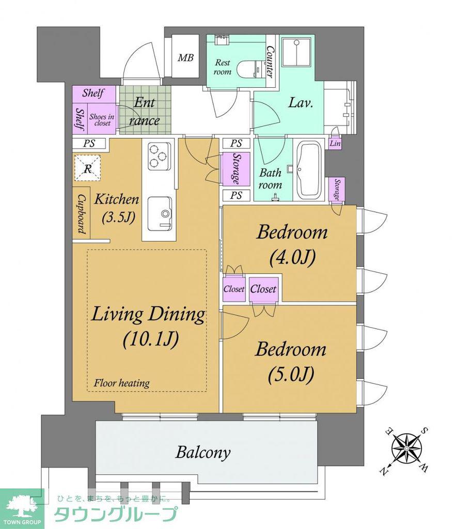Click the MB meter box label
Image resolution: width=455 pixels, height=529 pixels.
coord(185,58)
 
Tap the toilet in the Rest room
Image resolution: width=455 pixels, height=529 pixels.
coord(249,69)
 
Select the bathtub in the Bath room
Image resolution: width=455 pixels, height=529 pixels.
coord(310,170)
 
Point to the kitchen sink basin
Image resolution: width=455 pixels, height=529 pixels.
coord(160,213)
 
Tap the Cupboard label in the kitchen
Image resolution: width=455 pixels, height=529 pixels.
coord(81,213)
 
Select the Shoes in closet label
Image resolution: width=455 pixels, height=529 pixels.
coord(102,120)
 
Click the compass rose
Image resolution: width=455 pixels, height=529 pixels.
coord(406,448)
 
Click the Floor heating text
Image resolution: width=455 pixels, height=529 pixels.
coord(121,383)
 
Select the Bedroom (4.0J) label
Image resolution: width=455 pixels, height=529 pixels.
coord(292,244)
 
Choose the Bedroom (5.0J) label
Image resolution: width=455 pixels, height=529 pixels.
coord(291,361)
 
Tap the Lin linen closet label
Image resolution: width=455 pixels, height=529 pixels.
coord(335,143)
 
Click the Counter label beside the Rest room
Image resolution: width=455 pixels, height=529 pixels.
coord(270,62)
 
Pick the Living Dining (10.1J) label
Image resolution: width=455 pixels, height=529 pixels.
coord(148,326)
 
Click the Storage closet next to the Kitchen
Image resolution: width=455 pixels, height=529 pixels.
coord(236,169)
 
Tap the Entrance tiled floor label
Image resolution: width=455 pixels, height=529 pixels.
coord(145,111)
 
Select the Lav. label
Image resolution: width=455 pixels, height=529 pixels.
coord(301,103)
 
